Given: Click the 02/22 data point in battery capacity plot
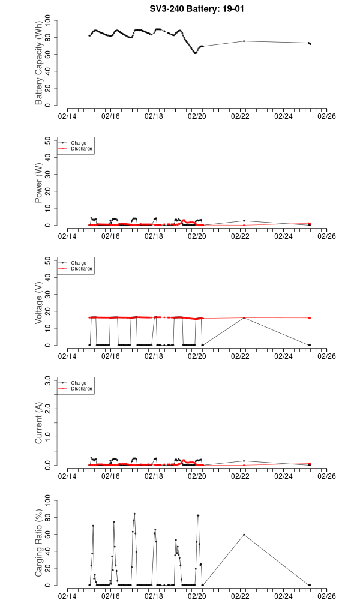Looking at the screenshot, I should tap(244, 41).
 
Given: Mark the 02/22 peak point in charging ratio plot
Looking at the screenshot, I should tap(244, 535).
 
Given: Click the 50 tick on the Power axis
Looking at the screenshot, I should tap(49, 140).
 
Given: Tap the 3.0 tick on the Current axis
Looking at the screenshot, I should tap(47, 380).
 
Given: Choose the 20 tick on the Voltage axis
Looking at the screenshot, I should tap(49, 311).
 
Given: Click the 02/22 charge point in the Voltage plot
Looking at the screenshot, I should tap(244, 318).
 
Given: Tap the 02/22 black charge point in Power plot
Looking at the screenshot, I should tap(244, 221).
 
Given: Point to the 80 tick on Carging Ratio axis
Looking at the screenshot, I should tap(49, 518).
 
